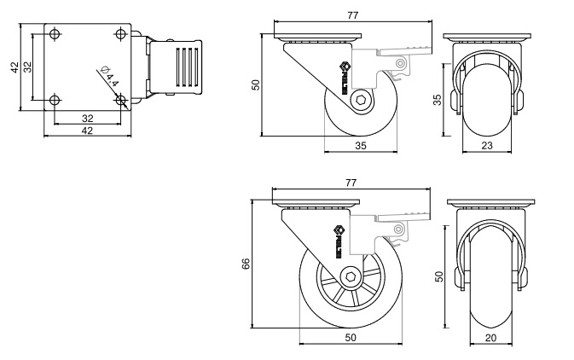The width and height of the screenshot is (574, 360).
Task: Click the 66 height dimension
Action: tap(246, 264)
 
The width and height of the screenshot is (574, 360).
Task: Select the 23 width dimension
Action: tap(488, 146)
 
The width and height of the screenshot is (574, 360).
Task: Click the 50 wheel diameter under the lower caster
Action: tap(350, 338)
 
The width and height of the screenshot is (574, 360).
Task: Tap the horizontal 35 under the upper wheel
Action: tap(361, 146)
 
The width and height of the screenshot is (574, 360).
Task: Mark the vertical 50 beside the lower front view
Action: tap(439, 276)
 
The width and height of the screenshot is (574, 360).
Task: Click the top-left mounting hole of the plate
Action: tap(55, 35)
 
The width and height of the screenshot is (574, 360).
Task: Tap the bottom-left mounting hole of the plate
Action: tap(55, 100)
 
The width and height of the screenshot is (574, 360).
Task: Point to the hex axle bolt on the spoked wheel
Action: tap(350, 276)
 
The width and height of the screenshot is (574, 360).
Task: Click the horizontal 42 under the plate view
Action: tap(87, 131)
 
